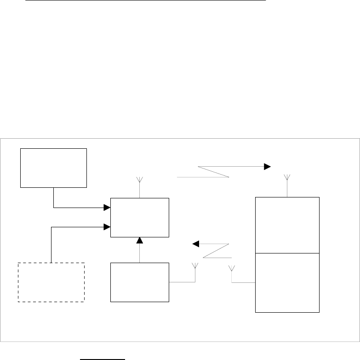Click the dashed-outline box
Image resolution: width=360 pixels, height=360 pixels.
tap(51, 282)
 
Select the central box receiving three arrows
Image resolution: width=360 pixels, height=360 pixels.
tap(140, 217)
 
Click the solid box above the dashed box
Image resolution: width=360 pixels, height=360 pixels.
tap(53, 168)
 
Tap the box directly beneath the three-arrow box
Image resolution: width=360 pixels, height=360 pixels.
tap(140, 282)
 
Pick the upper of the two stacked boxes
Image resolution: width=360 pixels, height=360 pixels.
tap(287, 225)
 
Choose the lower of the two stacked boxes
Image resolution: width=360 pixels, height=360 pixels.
tap(287, 282)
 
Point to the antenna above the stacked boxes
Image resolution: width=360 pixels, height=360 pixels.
tap(287, 177)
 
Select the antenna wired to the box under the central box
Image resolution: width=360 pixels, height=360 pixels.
tap(195, 266)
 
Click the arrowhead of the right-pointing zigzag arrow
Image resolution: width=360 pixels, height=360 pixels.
tap(267, 166)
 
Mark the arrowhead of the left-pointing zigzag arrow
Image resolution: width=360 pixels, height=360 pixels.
tap(195, 243)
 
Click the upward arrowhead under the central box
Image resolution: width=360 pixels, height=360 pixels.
tap(139, 240)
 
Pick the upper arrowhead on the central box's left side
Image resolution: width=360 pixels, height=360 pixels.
tap(107, 208)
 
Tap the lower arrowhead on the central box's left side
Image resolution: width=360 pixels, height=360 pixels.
tap(107, 226)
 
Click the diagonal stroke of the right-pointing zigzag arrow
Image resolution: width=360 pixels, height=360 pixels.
tap(213, 171)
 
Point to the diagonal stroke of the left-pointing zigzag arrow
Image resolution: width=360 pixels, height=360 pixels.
tap(216, 250)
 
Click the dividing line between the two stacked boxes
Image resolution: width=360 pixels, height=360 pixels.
tap(287, 253)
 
